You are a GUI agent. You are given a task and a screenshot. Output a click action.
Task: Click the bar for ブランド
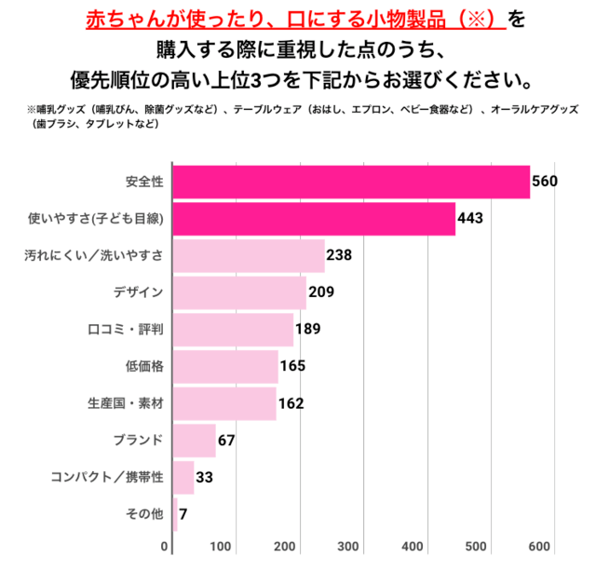point(195,440)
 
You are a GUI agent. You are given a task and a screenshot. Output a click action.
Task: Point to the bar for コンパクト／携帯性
point(183,477)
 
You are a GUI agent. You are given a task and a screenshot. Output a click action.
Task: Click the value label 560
point(544,181)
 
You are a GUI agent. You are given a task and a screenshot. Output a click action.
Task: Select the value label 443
point(470,219)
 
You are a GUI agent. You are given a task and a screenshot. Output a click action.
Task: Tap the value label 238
point(338,255)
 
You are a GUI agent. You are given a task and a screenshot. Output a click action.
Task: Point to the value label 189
point(307,329)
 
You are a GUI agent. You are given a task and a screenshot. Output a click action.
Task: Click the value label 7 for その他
point(183,514)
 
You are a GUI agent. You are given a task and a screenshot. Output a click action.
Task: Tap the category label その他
point(144,514)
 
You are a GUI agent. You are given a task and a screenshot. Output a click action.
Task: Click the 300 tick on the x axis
point(349,546)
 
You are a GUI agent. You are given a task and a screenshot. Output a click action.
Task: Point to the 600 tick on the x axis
point(543,546)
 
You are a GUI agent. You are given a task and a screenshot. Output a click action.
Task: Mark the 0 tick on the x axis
point(165,546)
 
